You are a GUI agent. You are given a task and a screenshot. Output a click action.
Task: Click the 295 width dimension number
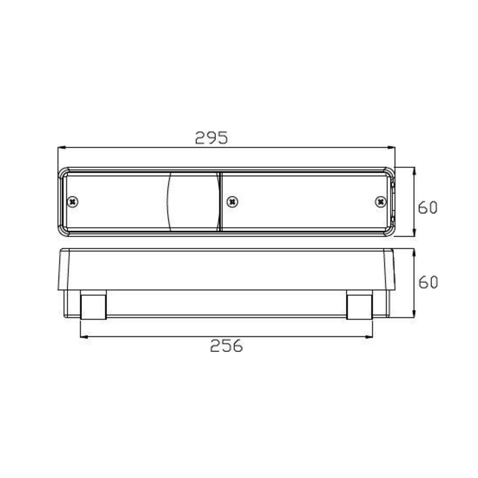[x=212, y=138]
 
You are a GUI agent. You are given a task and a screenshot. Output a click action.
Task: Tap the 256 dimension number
[x=226, y=345]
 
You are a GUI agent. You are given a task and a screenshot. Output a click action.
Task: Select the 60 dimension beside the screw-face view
[x=428, y=207]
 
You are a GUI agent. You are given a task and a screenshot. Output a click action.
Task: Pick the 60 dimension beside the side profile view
[x=428, y=281]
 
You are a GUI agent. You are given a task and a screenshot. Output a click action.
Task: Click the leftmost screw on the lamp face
[x=73, y=201]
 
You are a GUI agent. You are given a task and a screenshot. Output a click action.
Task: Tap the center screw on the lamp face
[x=232, y=201]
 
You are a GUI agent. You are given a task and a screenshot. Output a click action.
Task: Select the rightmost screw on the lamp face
[x=380, y=201]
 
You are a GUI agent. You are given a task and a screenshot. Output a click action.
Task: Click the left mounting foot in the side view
[x=93, y=305]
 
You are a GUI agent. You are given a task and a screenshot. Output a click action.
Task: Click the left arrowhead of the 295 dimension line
[x=60, y=147]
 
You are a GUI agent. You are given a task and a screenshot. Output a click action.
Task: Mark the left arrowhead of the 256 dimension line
[x=83, y=336]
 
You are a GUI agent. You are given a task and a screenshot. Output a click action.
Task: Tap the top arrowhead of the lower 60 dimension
[x=414, y=251]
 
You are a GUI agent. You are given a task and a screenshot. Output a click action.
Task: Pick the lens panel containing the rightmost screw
[x=305, y=201]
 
